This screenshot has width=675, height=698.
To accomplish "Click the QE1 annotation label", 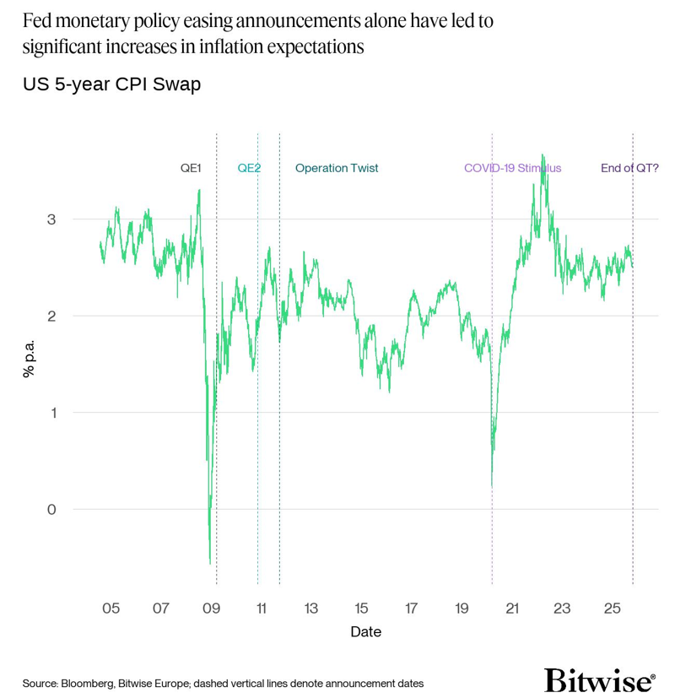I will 191,168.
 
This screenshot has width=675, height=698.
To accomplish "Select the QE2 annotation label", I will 249,168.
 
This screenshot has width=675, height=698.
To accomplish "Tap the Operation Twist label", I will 337,168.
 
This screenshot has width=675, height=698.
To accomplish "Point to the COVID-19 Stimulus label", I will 512,168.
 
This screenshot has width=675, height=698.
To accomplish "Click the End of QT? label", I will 629,168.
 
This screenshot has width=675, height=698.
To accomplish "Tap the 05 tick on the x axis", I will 111,609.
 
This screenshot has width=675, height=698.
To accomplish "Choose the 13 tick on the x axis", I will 311,609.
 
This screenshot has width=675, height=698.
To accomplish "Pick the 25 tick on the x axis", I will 613,609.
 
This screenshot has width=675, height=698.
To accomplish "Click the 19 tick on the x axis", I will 462,609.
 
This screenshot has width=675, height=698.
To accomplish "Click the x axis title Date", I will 365,631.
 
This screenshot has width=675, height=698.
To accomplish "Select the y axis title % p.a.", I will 30,358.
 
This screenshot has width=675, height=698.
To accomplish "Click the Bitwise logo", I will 599,680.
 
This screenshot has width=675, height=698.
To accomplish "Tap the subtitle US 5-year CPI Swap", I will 111,84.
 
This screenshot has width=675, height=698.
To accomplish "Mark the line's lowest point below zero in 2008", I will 209,563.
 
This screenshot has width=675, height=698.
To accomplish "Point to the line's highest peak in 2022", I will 543,154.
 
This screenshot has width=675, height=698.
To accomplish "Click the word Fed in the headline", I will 38,21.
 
